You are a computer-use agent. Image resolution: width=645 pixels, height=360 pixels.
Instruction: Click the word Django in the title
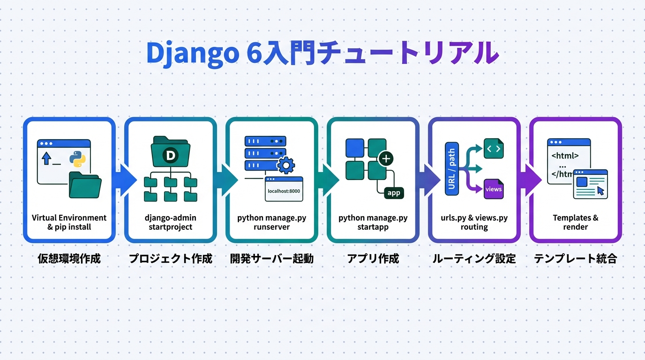click(x=192, y=53)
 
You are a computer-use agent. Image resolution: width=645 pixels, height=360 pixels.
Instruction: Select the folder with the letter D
click(x=171, y=152)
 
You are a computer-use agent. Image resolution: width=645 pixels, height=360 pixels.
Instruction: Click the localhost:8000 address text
click(x=284, y=191)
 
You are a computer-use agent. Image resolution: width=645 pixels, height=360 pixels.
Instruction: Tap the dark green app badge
click(x=393, y=192)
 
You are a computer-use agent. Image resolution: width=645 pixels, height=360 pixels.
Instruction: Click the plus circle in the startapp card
click(x=386, y=159)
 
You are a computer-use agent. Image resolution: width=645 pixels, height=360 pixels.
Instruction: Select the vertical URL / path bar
click(x=451, y=169)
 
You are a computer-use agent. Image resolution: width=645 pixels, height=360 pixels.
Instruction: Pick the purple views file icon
click(x=493, y=189)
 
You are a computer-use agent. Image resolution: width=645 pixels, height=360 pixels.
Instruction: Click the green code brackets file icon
click(x=493, y=149)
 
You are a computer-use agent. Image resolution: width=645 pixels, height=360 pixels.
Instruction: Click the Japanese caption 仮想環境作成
click(x=69, y=258)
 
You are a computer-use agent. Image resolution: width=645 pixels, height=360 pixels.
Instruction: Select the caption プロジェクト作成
click(x=170, y=258)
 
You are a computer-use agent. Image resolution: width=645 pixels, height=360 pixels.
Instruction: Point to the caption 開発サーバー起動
click(x=271, y=258)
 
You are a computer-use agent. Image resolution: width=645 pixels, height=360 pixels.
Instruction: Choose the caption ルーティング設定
click(x=474, y=258)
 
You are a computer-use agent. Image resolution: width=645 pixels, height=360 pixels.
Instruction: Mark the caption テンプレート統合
click(x=575, y=258)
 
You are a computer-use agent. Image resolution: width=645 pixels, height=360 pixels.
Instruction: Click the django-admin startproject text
click(x=170, y=222)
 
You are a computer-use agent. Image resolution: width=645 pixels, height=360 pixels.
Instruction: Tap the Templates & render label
click(x=575, y=222)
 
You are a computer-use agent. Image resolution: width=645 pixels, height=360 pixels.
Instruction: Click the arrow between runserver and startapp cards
click(x=329, y=179)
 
